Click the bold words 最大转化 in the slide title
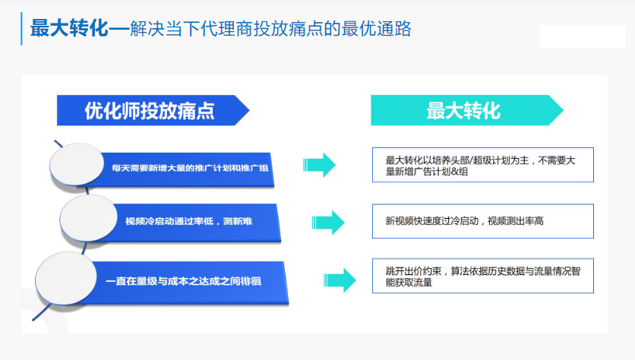point(69,29)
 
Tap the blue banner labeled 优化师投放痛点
point(150,111)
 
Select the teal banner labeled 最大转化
point(463,111)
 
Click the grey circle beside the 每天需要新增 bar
point(76,165)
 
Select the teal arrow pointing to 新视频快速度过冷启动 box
point(328,222)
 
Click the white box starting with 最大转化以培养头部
point(482,165)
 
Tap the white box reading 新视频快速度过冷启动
point(482,221)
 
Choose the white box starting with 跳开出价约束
point(482,276)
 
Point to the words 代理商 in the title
point(220,29)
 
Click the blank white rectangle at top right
point(583,36)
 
